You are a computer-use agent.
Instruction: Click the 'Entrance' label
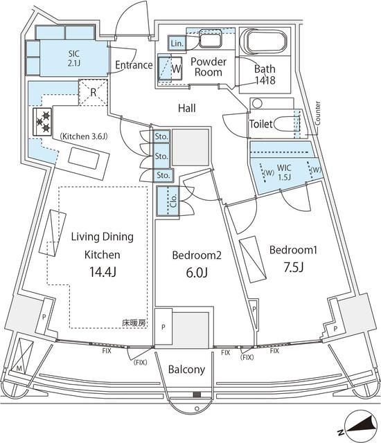pyautogui.click(x=134, y=65)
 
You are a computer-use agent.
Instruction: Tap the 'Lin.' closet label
pyautogui.click(x=177, y=44)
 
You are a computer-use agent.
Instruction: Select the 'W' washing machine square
pyautogui.click(x=170, y=69)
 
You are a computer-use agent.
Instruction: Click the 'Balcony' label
pyautogui.click(x=186, y=369)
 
